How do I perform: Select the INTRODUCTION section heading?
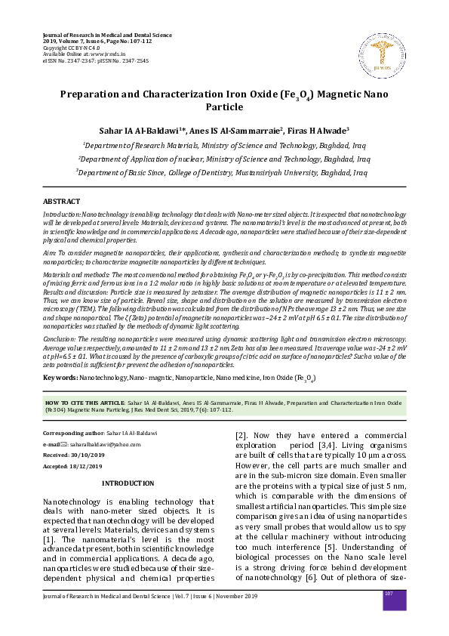(x=128, y=483)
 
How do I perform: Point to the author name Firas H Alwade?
(x=319, y=130)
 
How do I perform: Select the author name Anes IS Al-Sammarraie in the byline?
(x=235, y=130)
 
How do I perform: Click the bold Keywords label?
(x=60, y=376)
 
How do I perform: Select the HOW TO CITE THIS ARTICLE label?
(x=84, y=404)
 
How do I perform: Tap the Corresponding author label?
(x=75, y=434)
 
